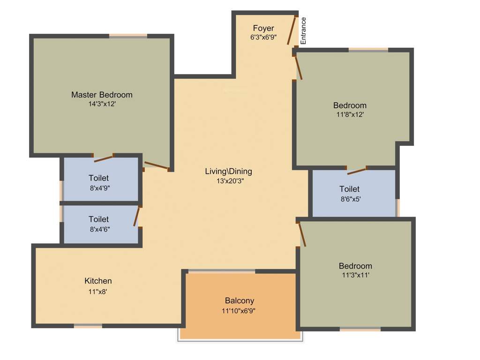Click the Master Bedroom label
click(x=102, y=95)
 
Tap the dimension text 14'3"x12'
click(x=102, y=104)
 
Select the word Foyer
click(x=263, y=29)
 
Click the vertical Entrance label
click(x=303, y=31)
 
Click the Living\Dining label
click(x=228, y=171)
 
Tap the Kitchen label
click(x=98, y=281)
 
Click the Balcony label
click(x=239, y=301)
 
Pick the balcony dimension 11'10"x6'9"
click(x=239, y=310)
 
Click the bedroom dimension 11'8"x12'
click(x=350, y=114)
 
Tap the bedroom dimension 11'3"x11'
click(x=356, y=275)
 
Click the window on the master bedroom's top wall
click(x=128, y=35)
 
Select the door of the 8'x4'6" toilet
click(x=137, y=217)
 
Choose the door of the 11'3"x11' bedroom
click(x=302, y=234)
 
